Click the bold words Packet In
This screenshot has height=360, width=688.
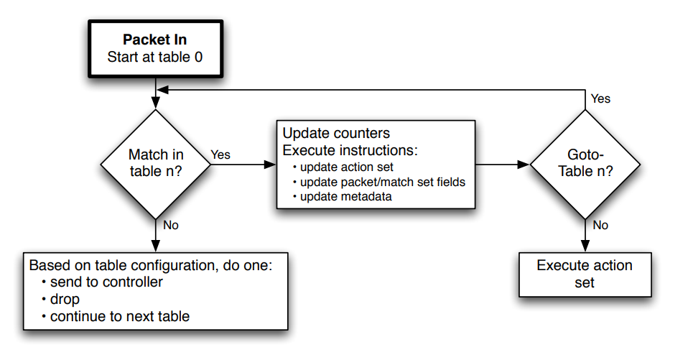[x=155, y=40]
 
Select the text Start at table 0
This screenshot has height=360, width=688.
[x=155, y=57]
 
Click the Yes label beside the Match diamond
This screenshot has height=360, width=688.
[x=220, y=154]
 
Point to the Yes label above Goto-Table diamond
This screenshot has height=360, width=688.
[x=600, y=98]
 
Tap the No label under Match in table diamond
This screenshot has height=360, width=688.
[x=171, y=225]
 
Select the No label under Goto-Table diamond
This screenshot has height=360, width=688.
[x=600, y=225]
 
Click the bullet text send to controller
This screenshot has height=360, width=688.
[x=106, y=282]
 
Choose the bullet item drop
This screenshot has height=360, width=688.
[x=65, y=299]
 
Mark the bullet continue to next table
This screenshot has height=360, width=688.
[x=120, y=316]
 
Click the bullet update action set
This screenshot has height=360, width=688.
[x=347, y=167]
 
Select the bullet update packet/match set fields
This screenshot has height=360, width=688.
[x=383, y=182]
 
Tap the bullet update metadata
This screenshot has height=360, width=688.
[x=345, y=196]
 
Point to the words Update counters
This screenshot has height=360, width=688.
[x=336, y=133]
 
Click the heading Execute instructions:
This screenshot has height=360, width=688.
[x=350, y=150]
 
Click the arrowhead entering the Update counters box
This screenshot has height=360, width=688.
[x=270, y=165]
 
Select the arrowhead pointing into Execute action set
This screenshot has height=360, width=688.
[x=585, y=246]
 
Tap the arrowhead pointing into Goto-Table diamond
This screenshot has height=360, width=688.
[x=524, y=165]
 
